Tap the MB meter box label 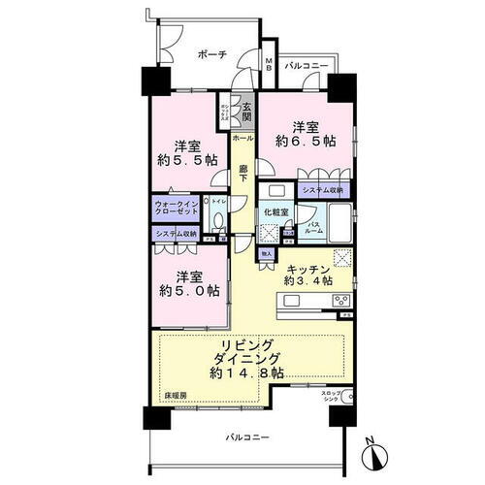[x=270, y=66]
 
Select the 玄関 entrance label [x=248, y=111]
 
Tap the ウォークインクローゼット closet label [x=174, y=209]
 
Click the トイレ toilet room [x=219, y=208]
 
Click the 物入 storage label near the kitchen [x=266, y=254]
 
